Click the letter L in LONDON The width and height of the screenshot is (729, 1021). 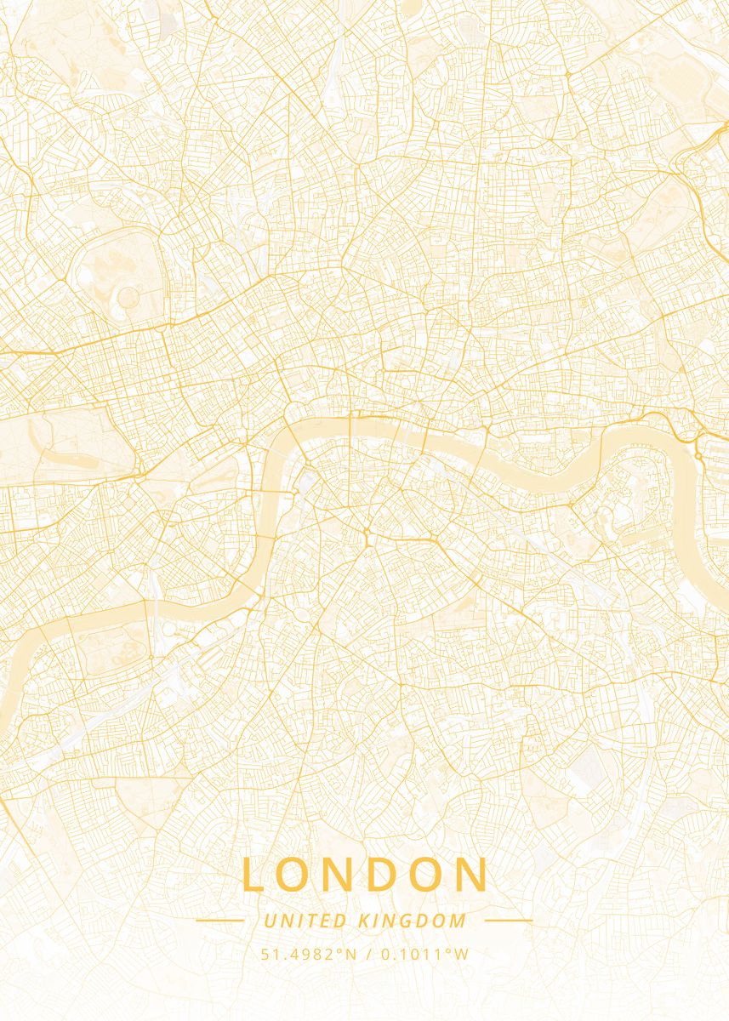coord(254,875)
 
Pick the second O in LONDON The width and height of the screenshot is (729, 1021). coord(424,875)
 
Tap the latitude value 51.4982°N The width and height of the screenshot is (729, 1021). coord(309,954)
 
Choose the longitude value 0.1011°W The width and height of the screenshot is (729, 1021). coord(424,954)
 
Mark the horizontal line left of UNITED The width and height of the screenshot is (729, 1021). coord(219,920)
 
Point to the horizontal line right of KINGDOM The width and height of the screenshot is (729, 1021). coord(509,920)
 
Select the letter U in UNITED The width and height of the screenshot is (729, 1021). coord(270,921)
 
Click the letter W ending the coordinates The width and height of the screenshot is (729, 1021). coord(462,954)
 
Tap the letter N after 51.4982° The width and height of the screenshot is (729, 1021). coord(351,954)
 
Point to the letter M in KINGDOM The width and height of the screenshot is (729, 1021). coord(459,921)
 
